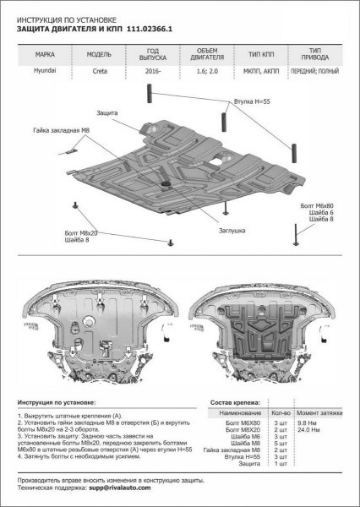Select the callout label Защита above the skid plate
click(x=108, y=112)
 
